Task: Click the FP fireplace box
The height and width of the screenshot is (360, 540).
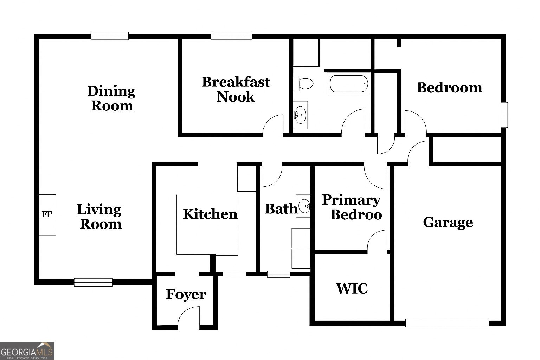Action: (47, 214)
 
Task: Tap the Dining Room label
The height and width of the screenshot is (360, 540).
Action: (111, 98)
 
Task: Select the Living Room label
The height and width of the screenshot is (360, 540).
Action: (100, 217)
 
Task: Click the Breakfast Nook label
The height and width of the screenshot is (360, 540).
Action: (236, 89)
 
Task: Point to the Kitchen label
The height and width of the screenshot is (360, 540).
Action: (210, 214)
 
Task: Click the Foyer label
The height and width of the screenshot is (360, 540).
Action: (186, 294)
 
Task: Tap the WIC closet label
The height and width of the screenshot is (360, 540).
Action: (352, 288)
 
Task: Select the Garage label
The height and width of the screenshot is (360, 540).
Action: (448, 222)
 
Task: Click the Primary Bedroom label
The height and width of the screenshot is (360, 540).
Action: (352, 207)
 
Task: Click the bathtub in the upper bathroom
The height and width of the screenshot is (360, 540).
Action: (349, 84)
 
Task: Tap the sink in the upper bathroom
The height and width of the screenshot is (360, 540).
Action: (300, 115)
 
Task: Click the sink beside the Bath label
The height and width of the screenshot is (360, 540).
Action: (303, 206)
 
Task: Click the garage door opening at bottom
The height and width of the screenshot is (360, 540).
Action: (447, 323)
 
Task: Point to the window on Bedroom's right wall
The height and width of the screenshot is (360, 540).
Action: (504, 115)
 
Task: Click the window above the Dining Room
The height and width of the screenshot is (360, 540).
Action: (109, 36)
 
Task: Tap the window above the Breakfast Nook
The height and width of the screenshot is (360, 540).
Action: (231, 36)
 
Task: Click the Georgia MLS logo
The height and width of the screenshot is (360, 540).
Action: (27, 351)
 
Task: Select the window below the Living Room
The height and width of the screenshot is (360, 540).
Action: (94, 282)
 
